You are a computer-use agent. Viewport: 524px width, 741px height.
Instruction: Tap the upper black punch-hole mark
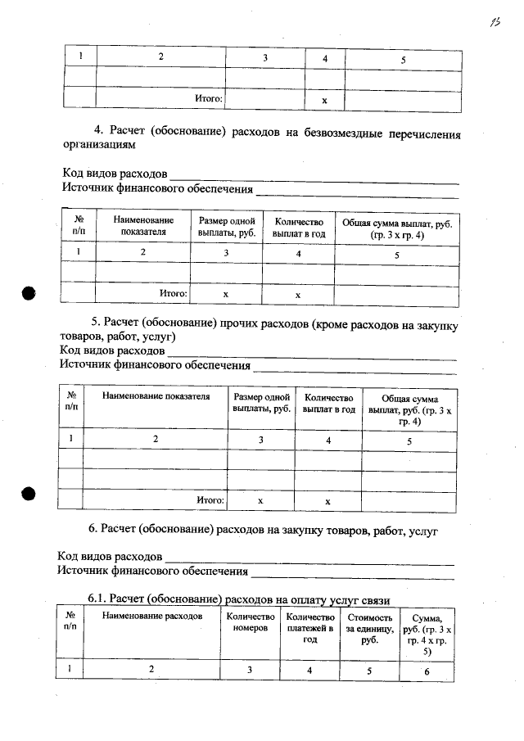point(29,292)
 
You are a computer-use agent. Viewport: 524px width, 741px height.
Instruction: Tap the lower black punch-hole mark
point(29,494)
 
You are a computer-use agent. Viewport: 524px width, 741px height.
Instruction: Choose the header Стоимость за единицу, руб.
point(370,628)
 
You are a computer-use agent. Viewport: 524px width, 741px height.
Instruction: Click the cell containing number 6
point(427,671)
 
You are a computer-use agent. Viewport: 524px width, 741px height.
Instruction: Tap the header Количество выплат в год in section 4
point(298,227)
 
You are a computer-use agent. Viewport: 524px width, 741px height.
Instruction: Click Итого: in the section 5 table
point(210,499)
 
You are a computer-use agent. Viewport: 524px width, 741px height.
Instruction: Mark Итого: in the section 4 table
point(174,292)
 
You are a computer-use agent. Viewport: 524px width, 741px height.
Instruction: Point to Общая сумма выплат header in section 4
point(396,227)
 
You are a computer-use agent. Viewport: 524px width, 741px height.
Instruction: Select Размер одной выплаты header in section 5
point(261,402)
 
